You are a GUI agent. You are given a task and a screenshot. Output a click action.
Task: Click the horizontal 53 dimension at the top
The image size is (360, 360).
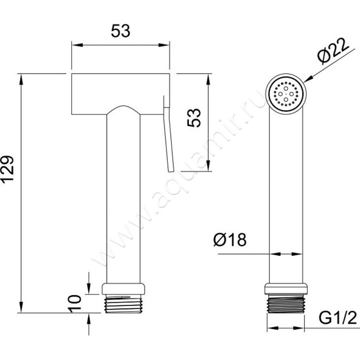[121, 31]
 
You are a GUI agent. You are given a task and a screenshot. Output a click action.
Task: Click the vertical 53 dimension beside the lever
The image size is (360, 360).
[194, 118]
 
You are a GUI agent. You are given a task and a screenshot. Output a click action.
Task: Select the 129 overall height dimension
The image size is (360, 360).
[8, 170]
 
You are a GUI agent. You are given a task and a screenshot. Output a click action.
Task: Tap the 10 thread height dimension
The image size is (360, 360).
[75, 303]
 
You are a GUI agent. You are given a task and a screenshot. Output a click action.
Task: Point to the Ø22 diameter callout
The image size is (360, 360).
[333, 50]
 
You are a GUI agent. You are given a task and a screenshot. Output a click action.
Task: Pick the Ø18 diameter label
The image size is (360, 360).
[230, 239]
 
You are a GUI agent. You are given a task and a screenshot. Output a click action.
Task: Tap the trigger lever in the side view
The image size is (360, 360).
[168, 134]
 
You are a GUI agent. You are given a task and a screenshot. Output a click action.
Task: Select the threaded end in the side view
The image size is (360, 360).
[123, 304]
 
